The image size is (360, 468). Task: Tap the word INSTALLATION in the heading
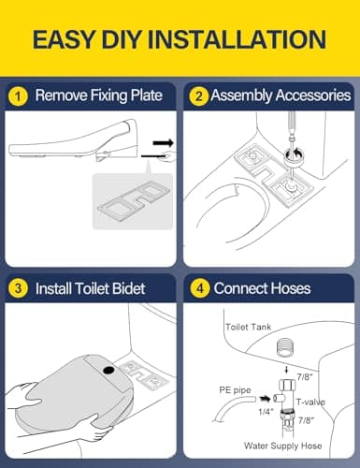pyautogui.click(x=241, y=39)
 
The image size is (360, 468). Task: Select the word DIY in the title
pyautogui.click(x=130, y=39)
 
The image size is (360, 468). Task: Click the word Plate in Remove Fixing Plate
pyautogui.click(x=150, y=95)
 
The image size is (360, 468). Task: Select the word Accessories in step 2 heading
pyautogui.click(x=312, y=95)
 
